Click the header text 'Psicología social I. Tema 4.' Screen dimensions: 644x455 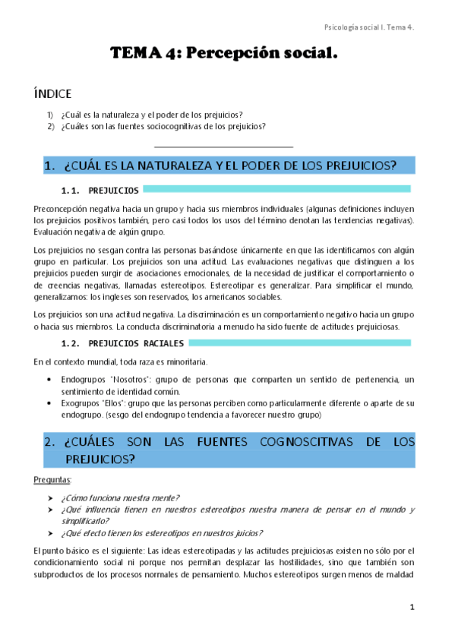pyautogui.click(x=368, y=27)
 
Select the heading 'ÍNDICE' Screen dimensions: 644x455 pyautogui.click(x=52, y=94)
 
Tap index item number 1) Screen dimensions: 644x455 pyautogui.click(x=50, y=115)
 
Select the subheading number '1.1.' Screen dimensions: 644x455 pyautogui.click(x=71, y=190)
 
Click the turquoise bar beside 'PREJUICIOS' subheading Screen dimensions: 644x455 pyautogui.click(x=276, y=188)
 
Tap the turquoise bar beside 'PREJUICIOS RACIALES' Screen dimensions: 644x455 pyautogui.click(x=296, y=343)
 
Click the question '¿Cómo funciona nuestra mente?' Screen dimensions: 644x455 pyautogui.click(x=120, y=498)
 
